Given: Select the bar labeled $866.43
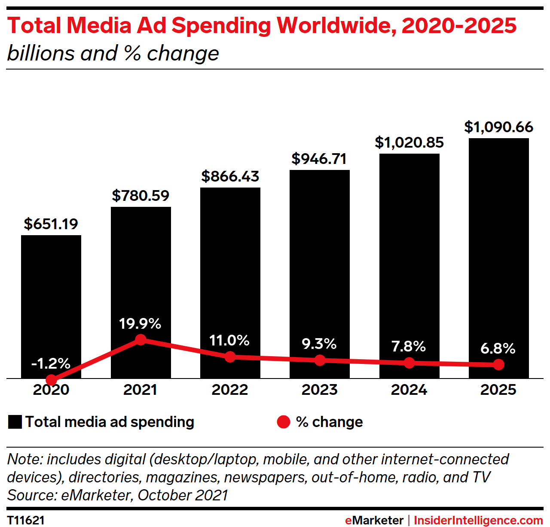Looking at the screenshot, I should pyautogui.click(x=230, y=266).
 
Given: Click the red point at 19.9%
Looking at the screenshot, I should pyautogui.click(x=141, y=340).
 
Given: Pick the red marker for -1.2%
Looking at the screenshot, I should pyautogui.click(x=51, y=380).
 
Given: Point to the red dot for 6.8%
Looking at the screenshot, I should pyautogui.click(x=498, y=365).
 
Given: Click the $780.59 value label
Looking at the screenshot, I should pyautogui.click(x=141, y=196).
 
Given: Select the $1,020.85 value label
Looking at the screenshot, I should pyautogui.click(x=409, y=142).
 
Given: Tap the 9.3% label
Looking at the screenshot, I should pyautogui.click(x=319, y=344).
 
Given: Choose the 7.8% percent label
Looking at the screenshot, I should pyautogui.click(x=409, y=346).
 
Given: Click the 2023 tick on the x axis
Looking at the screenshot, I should pyautogui.click(x=319, y=390).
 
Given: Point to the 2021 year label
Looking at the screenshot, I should pyautogui.click(x=141, y=390).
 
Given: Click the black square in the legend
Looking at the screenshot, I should pyautogui.click(x=15, y=422).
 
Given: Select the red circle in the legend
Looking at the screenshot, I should pyautogui.click(x=284, y=422).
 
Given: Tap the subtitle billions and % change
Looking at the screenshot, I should pyautogui.click(x=113, y=54).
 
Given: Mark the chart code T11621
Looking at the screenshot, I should pyautogui.click(x=26, y=520).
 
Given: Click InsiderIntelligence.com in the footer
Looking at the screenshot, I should pyautogui.click(x=478, y=520).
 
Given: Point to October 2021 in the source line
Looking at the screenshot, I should pyautogui.click(x=183, y=495).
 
